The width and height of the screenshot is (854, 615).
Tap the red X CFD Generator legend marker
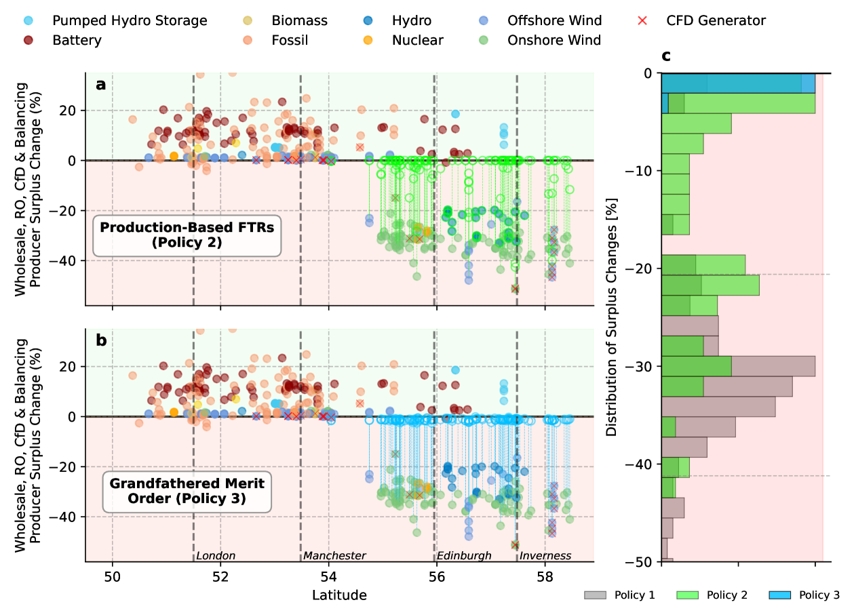click(643, 20)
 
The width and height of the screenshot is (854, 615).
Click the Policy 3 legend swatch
click(778, 595)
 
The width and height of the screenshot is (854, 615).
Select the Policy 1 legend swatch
click(594, 595)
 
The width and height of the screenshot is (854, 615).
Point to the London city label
click(216, 556)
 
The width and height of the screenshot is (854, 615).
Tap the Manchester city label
click(334, 556)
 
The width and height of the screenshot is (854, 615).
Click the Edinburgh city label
click(464, 556)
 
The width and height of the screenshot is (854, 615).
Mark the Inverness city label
click(545, 556)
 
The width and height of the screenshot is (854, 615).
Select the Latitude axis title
click(339, 596)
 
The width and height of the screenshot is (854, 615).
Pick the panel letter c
click(666, 56)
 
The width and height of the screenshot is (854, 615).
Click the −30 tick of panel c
click(644, 366)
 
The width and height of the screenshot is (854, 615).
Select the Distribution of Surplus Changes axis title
click(613, 317)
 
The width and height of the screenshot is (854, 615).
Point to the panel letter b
click(101, 340)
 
